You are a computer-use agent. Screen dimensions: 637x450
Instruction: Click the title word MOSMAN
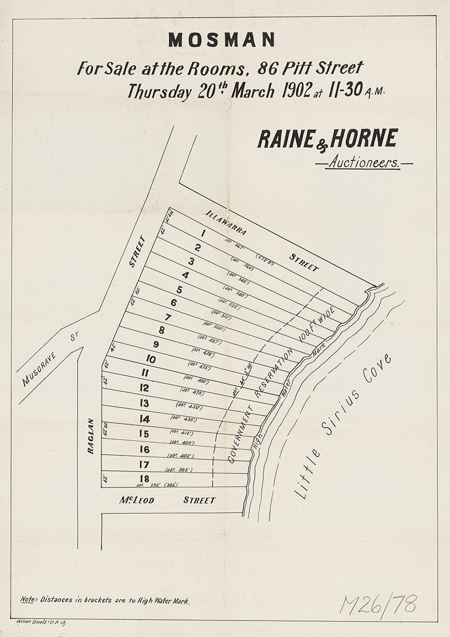click(x=222, y=40)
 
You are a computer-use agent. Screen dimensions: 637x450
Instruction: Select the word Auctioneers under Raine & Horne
click(x=364, y=163)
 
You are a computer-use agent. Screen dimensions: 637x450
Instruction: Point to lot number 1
click(x=204, y=233)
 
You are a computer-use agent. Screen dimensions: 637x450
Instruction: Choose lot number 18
click(x=144, y=478)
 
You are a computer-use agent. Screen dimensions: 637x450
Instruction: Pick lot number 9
click(x=156, y=344)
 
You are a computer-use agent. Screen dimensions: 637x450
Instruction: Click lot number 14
click(x=144, y=419)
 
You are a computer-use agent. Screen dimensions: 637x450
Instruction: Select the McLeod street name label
click(x=137, y=500)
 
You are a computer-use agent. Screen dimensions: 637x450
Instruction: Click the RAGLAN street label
click(x=91, y=436)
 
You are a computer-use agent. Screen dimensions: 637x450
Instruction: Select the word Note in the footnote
click(x=28, y=600)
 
